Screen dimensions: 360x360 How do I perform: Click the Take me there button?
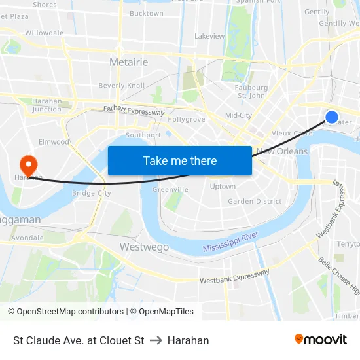pyautogui.click(x=180, y=160)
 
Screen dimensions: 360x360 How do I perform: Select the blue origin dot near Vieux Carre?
pyautogui.click(x=332, y=117)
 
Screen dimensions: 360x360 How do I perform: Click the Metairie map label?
pyautogui.click(x=128, y=62)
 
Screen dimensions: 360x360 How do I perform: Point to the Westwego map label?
pyautogui.click(x=144, y=247)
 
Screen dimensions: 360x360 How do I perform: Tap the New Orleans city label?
pyautogui.click(x=281, y=151)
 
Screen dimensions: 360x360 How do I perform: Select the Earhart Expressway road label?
pyautogui.click(x=134, y=112)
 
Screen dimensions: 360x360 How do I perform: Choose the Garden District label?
pyautogui.click(x=254, y=201)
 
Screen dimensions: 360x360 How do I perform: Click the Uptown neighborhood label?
pyautogui.click(x=223, y=187)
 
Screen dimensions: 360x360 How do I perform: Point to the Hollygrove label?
pyautogui.click(x=187, y=120)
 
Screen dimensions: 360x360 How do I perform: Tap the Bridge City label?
pyautogui.click(x=91, y=193)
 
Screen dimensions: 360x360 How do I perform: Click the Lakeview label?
pyautogui.click(x=209, y=36)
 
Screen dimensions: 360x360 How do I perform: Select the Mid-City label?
pyautogui.click(x=238, y=115)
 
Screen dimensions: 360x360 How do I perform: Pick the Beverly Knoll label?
pyautogui.click(x=122, y=86)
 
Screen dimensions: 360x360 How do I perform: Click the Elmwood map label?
pyautogui.click(x=54, y=141)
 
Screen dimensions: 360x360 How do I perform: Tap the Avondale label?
pyautogui.click(x=27, y=237)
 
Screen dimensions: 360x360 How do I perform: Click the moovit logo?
pyautogui.click(x=321, y=340)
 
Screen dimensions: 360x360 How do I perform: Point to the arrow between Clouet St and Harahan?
pyautogui.click(x=156, y=340)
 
